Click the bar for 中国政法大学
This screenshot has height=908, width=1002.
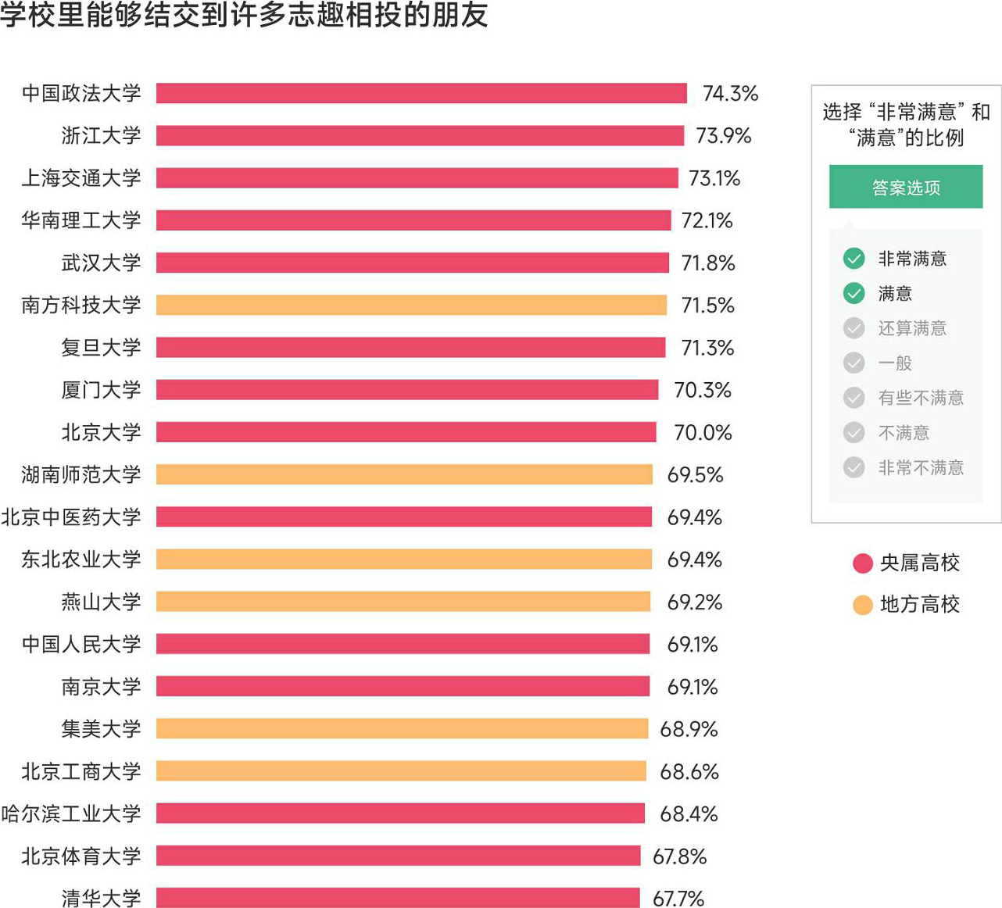(421, 93)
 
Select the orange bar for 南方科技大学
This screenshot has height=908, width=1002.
(411, 305)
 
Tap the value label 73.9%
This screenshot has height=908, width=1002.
(723, 136)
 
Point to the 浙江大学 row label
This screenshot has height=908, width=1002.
(101, 136)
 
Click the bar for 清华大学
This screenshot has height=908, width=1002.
(398, 898)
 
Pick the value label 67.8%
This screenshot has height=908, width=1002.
(679, 856)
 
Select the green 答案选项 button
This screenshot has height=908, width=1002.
(905, 188)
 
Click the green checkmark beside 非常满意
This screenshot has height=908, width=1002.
(853, 259)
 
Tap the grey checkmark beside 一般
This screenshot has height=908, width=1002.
(853, 363)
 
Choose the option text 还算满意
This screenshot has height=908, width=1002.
(911, 328)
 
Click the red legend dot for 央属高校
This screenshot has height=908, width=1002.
(862, 563)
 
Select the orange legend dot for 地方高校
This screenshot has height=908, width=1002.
(862, 605)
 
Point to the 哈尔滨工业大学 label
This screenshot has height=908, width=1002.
(71, 813)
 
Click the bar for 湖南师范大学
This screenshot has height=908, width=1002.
(404, 474)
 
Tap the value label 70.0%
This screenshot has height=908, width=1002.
(703, 432)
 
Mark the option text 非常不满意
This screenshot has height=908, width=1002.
(920, 468)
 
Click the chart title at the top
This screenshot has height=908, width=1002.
(244, 15)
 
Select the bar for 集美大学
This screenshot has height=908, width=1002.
(402, 729)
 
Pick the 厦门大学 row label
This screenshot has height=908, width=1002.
(101, 390)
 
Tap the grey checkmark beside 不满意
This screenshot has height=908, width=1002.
(853, 433)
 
